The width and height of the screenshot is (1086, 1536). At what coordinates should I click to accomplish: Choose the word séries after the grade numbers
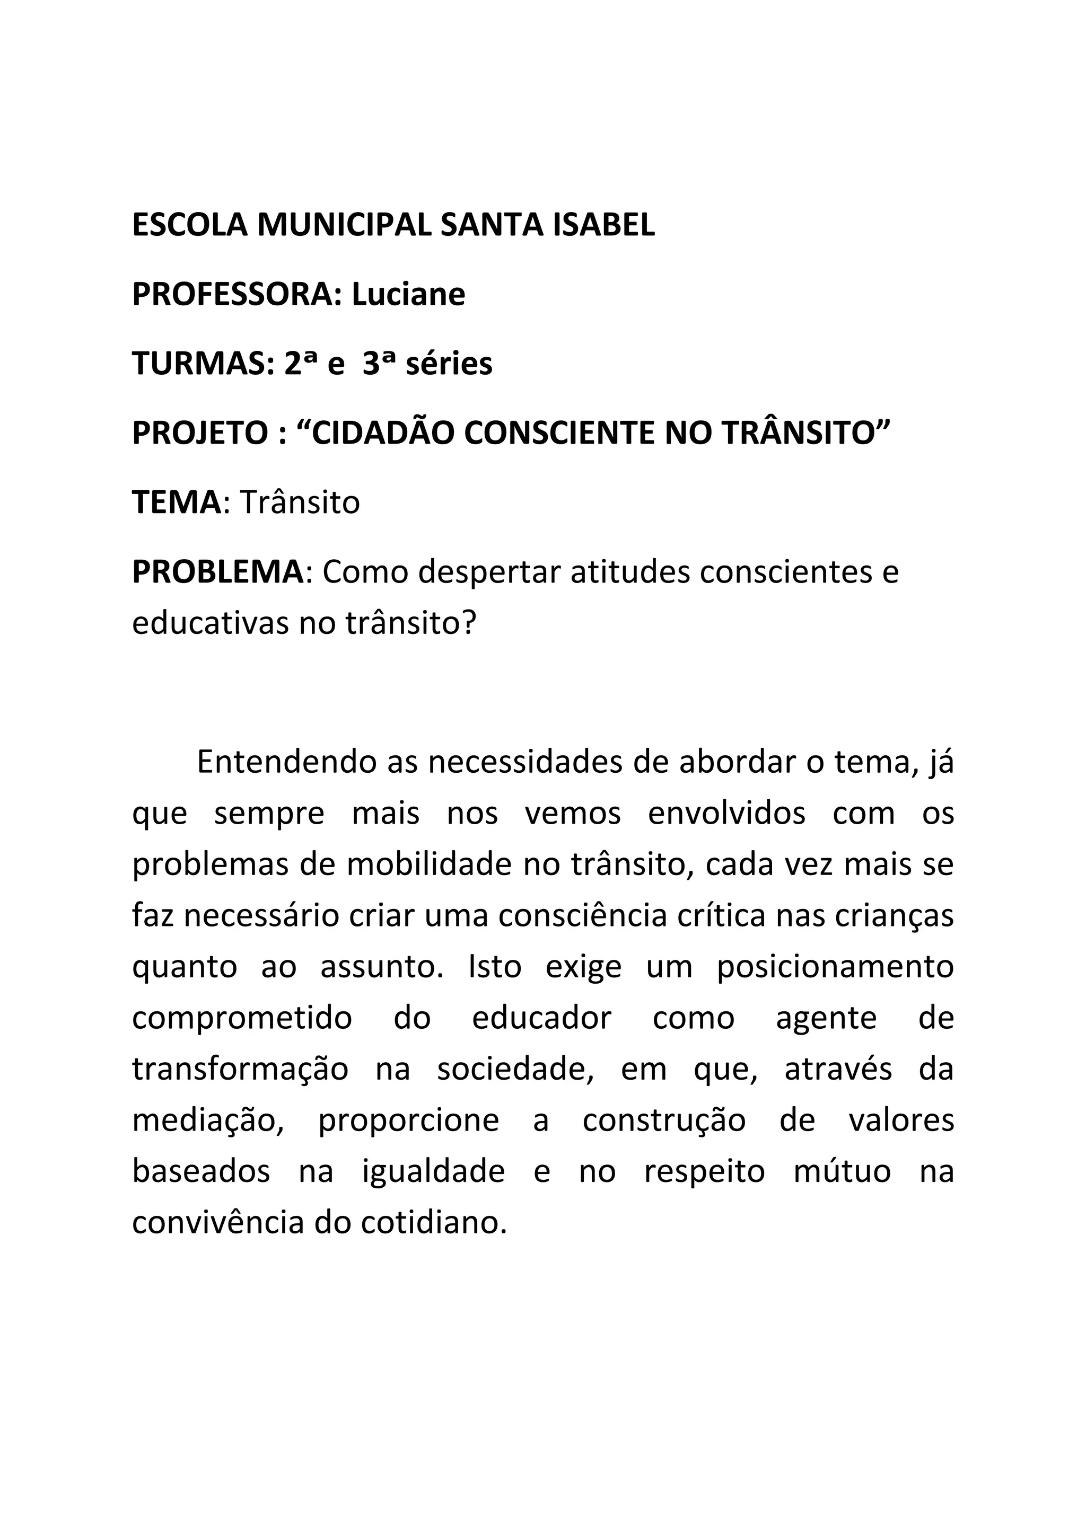pos(449,364)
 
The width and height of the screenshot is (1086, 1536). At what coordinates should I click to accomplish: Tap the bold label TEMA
pos(176,502)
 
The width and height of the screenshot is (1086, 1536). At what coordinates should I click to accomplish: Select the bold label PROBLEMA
pos(217,572)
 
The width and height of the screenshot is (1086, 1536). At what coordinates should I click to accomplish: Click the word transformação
pos(240,1069)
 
